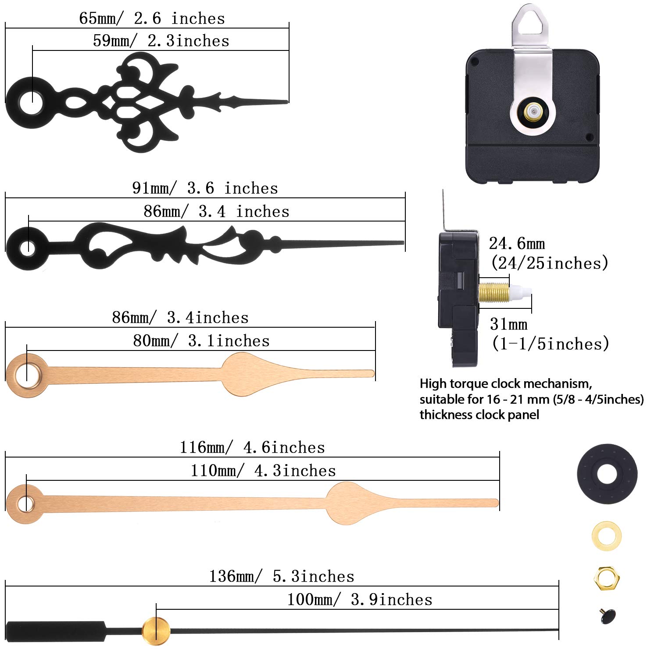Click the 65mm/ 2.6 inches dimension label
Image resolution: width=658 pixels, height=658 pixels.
152,18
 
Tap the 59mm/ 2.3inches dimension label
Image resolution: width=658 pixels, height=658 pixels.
161,41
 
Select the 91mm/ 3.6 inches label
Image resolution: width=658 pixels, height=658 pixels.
205,188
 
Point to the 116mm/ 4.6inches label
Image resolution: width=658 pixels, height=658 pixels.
252,447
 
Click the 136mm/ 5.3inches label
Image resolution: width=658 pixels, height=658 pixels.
282,576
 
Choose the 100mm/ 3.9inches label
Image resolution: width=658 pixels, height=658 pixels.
360,600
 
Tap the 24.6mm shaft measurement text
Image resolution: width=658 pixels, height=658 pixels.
517,243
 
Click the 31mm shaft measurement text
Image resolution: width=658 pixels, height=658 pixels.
508,324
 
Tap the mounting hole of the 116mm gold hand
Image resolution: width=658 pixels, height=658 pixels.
26,503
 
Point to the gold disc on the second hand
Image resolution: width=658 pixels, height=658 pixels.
156,631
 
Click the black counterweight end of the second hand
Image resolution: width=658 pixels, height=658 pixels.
55,630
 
